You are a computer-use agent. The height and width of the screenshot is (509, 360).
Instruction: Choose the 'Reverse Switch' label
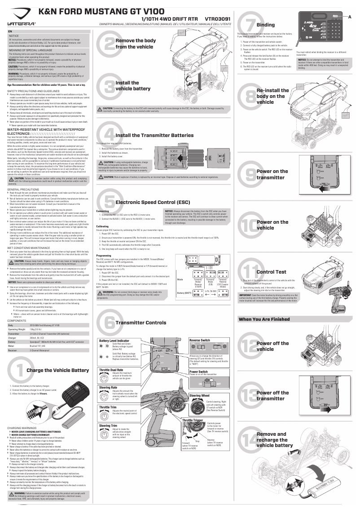tap(200, 341)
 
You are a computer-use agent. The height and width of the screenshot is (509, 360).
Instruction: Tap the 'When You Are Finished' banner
tap(264, 319)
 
